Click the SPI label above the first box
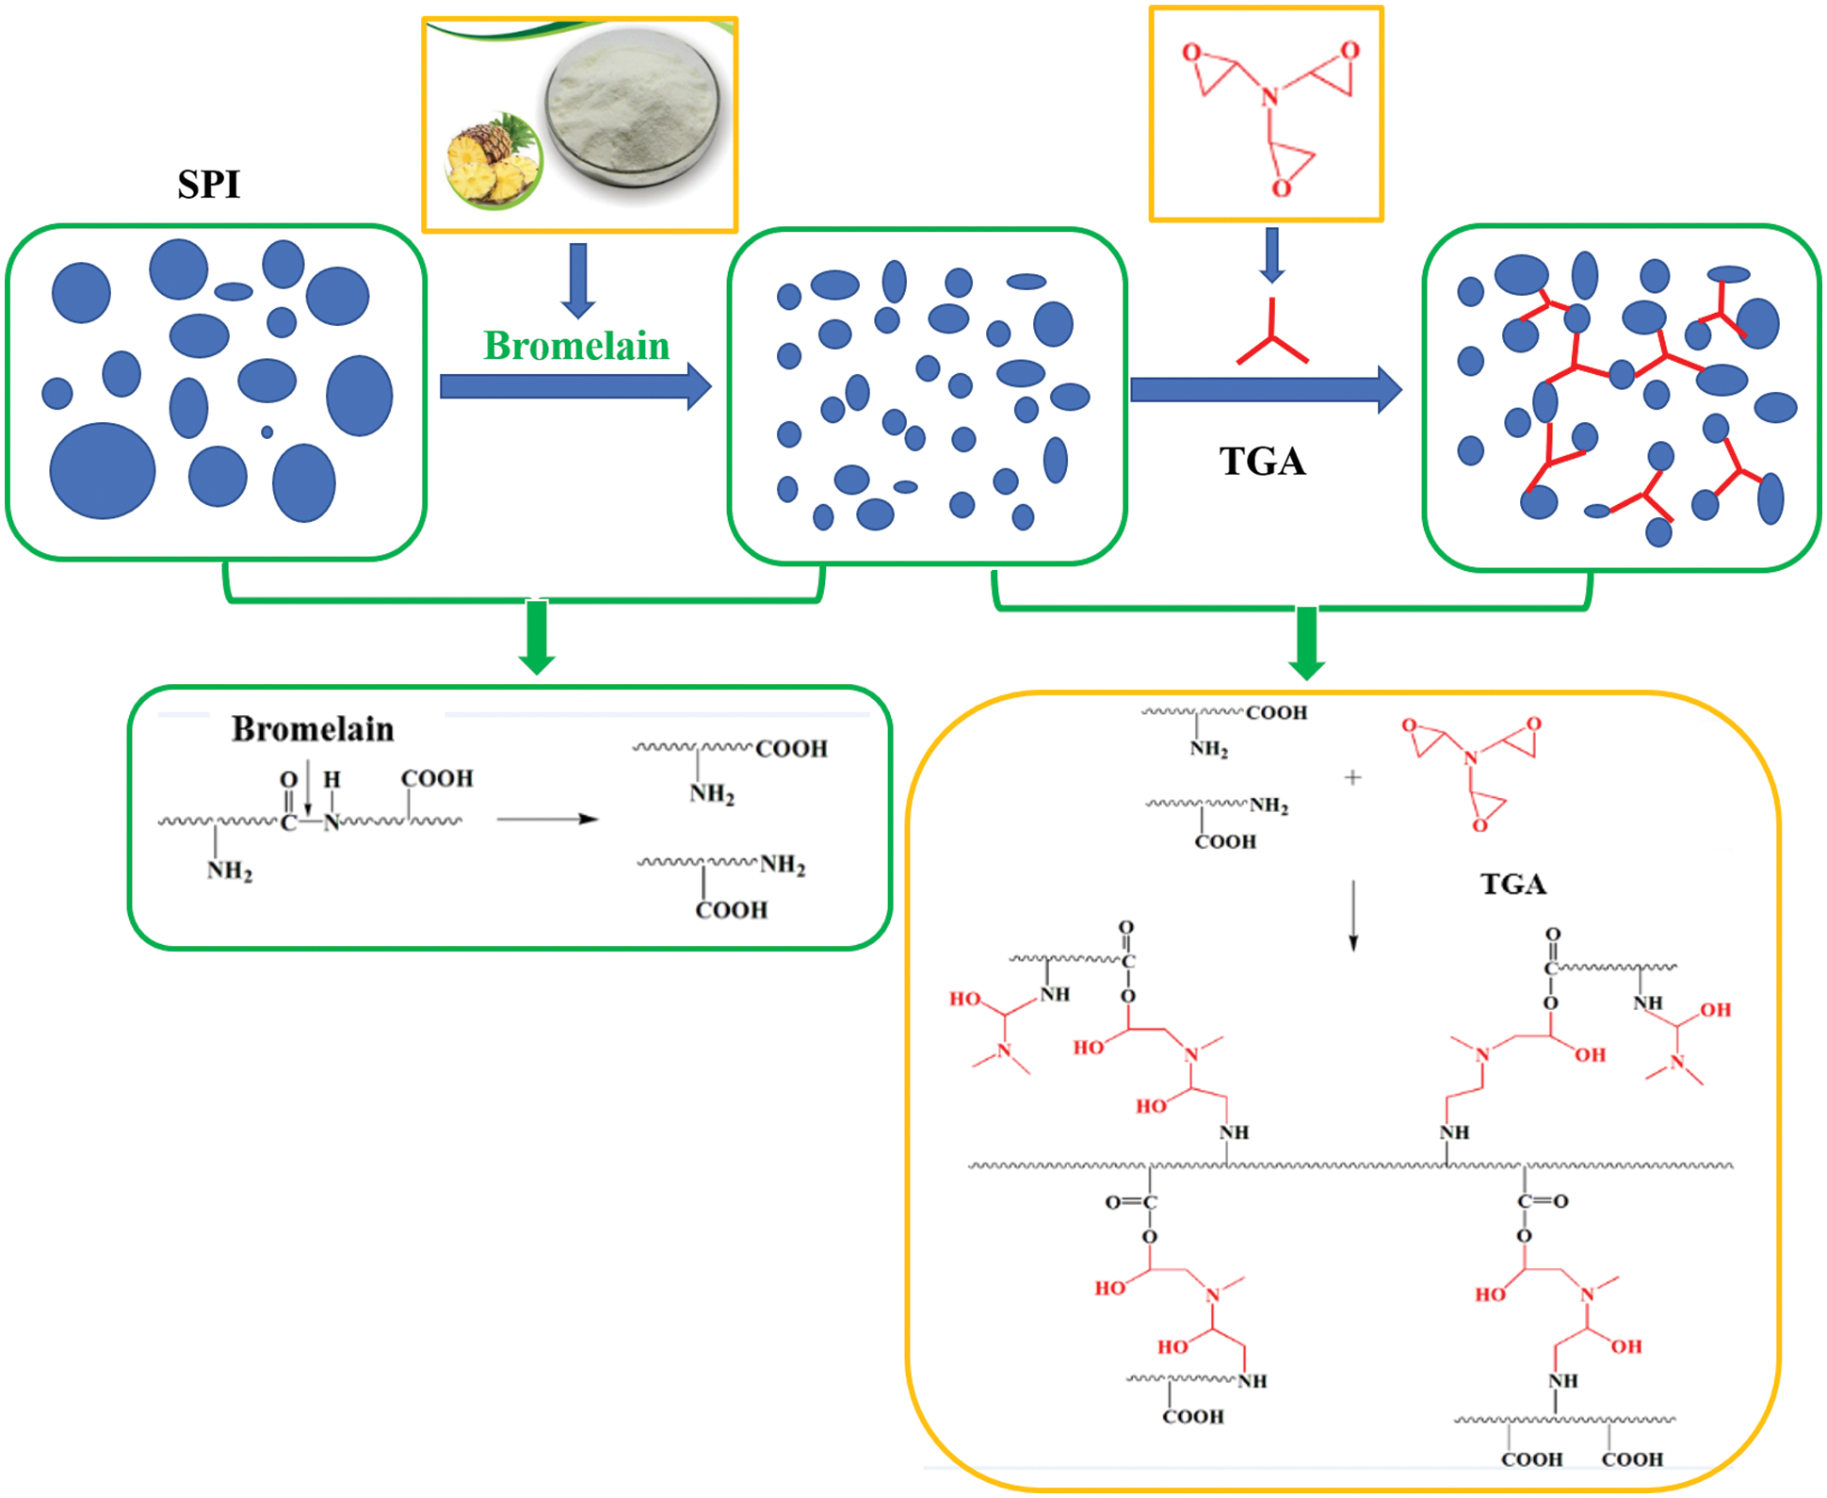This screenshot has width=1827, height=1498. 209,184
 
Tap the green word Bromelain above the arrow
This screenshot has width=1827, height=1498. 576,346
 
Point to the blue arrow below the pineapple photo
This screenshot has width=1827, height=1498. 578,280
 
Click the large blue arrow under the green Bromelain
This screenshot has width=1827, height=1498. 574,386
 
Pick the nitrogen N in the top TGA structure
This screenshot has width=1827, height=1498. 1270,96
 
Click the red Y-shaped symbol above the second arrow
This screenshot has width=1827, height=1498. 1271,337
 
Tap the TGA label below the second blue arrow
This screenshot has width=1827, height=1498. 1262,462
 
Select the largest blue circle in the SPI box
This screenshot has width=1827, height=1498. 102,470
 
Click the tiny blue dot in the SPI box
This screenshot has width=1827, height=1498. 267,431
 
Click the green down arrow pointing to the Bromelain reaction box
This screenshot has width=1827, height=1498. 537,638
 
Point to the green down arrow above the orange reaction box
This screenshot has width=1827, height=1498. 1307,643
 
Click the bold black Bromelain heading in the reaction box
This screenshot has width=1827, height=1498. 313,729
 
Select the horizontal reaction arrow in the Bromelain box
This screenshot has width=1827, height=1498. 547,819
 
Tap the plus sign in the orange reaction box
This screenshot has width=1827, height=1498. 1352,777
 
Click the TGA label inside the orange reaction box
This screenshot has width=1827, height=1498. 1512,884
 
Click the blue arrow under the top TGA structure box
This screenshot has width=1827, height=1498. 1271,254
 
